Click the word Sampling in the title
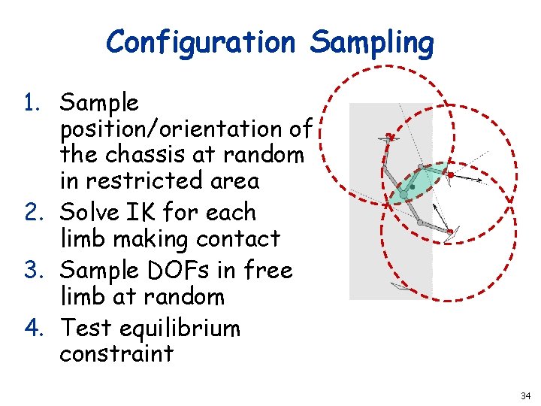click(x=372, y=43)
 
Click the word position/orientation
click(x=185, y=129)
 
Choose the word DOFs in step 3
click(x=191, y=270)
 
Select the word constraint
click(x=116, y=353)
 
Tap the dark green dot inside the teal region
click(x=413, y=186)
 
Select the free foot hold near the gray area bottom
click(x=400, y=286)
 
